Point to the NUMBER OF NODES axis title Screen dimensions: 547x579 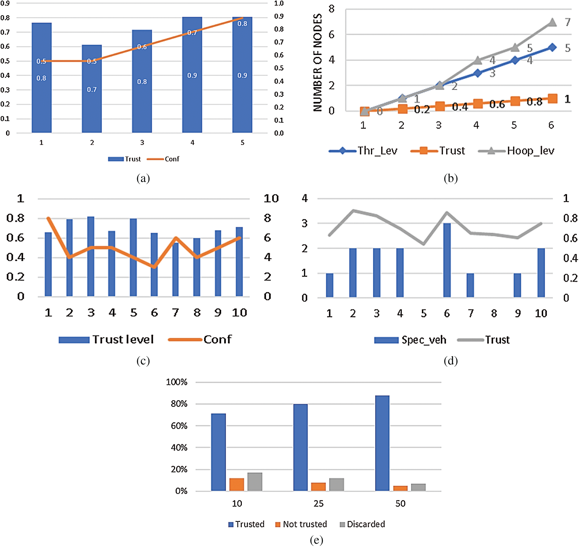tap(317, 63)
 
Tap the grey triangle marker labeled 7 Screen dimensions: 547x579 tap(552, 22)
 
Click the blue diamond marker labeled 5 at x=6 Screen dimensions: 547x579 tap(552, 48)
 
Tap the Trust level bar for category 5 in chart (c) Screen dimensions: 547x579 tap(133, 257)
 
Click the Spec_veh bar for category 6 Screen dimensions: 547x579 tap(447, 260)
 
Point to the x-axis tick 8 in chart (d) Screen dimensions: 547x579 tap(494, 313)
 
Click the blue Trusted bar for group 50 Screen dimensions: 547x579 tap(382, 443)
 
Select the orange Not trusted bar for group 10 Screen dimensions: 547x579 tap(236, 484)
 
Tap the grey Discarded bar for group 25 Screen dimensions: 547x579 tap(337, 484)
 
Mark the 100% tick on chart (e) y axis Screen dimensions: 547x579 tap(177, 382)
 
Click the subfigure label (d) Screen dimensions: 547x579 tap(450, 361)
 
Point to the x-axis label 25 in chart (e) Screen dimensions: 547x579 tap(318, 504)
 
